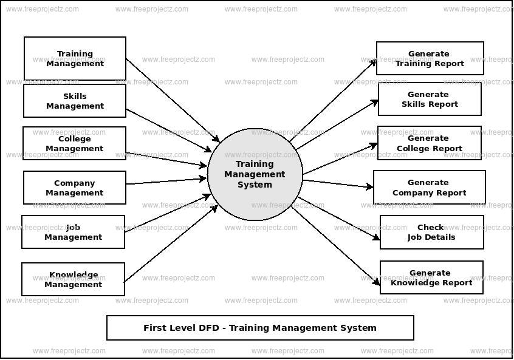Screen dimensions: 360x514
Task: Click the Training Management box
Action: [75, 58]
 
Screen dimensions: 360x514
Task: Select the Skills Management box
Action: [75, 101]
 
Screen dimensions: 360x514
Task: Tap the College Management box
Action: [75, 143]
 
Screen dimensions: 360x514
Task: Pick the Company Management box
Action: [75, 188]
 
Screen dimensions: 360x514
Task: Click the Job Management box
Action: [73, 232]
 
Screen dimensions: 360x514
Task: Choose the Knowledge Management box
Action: [73, 279]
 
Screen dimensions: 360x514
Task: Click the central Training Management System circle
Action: [255, 174]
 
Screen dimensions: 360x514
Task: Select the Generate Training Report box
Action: [430, 58]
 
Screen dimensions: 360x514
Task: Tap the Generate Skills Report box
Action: [430, 99]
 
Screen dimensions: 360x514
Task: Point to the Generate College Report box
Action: [429, 143]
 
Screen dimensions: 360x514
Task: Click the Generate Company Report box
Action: [429, 187]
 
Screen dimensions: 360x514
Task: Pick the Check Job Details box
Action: [431, 232]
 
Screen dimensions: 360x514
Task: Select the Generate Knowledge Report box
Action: [431, 277]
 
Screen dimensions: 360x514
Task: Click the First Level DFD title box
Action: [260, 328]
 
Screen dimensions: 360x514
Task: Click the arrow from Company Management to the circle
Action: [166, 181]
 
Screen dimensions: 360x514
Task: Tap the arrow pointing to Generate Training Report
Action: [333, 101]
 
